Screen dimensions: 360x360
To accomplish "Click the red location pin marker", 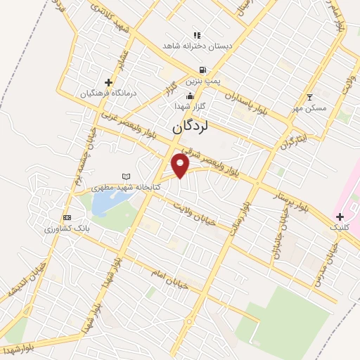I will coord(181,166).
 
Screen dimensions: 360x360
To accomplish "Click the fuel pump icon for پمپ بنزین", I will coord(202,70).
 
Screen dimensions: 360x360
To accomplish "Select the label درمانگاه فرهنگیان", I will coord(107,93).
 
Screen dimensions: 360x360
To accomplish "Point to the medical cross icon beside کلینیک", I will coord(340,217).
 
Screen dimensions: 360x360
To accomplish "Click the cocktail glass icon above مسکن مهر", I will coord(309,97).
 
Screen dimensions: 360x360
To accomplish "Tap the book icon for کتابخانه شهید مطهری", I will coord(126,176).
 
